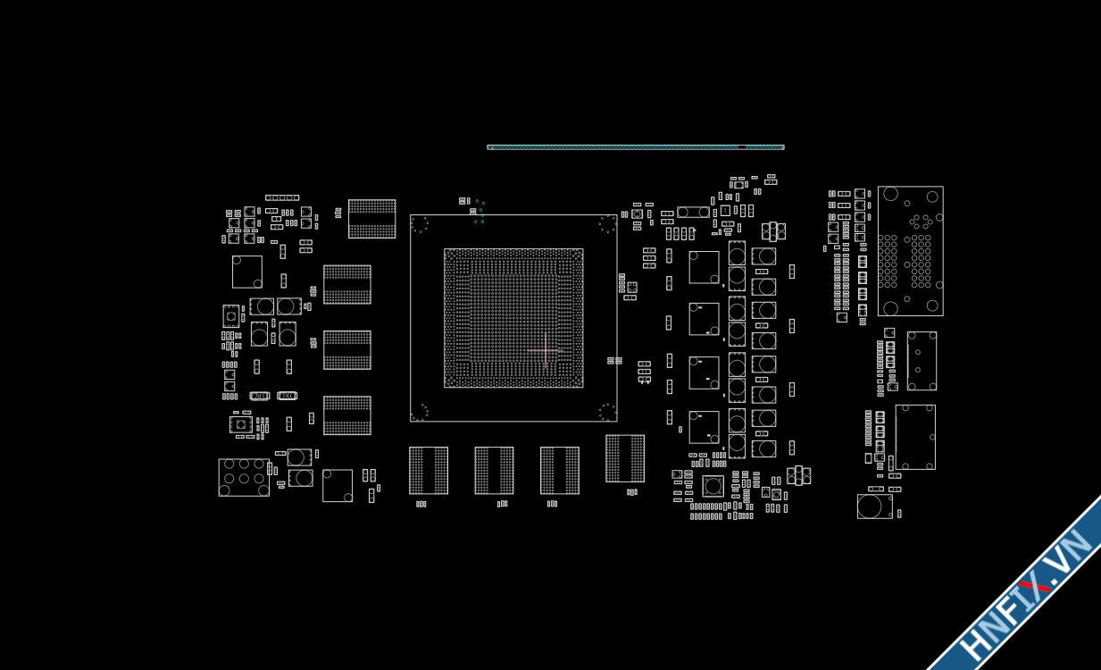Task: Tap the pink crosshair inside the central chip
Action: [545, 350]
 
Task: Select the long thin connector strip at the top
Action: [635, 147]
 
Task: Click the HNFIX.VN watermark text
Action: [1027, 594]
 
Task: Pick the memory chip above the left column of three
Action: [371, 219]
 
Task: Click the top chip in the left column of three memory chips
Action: [346, 284]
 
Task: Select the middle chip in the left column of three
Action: [346, 350]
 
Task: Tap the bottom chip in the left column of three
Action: [346, 415]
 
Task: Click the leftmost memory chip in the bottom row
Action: [429, 470]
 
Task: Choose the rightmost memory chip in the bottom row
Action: [625, 458]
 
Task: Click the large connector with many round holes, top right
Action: [910, 251]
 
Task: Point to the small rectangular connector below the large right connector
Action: [922, 361]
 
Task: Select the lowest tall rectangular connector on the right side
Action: [915, 437]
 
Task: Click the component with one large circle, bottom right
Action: [874, 507]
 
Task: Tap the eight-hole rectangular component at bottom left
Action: [244, 478]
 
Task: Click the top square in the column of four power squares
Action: [704, 267]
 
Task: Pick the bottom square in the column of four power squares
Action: [704, 427]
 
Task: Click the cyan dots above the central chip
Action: [480, 211]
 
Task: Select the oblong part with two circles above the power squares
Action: [693, 213]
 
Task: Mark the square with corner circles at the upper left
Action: [247, 272]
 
